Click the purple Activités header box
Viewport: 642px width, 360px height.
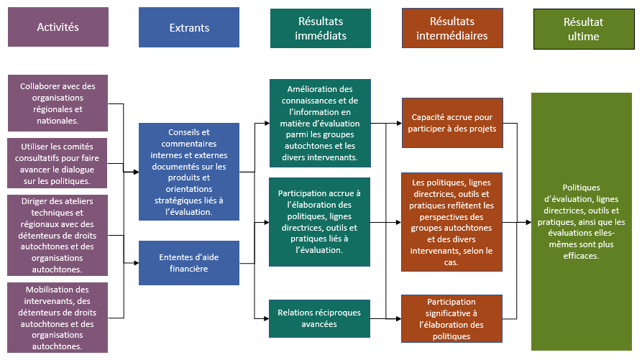tap(58, 27)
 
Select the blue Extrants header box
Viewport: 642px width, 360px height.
tap(189, 28)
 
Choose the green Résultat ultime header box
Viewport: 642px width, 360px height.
tap(582, 29)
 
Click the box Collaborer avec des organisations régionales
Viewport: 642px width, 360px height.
tap(58, 103)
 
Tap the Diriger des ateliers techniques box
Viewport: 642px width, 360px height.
tap(58, 234)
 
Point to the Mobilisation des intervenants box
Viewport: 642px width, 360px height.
tap(58, 317)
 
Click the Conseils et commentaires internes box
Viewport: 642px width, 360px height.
tap(189, 172)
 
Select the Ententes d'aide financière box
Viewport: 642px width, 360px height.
tap(189, 263)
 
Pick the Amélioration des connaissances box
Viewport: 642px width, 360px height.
tap(321, 123)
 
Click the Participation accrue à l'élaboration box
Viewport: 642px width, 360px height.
tap(321, 222)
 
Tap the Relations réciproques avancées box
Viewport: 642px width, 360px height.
tap(321, 318)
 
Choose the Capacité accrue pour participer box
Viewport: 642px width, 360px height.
tap(452, 123)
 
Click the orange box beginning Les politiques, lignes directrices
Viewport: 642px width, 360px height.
tap(452, 222)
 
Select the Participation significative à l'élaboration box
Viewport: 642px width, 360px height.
tap(452, 318)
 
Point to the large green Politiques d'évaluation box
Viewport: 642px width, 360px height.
tap(582, 222)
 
